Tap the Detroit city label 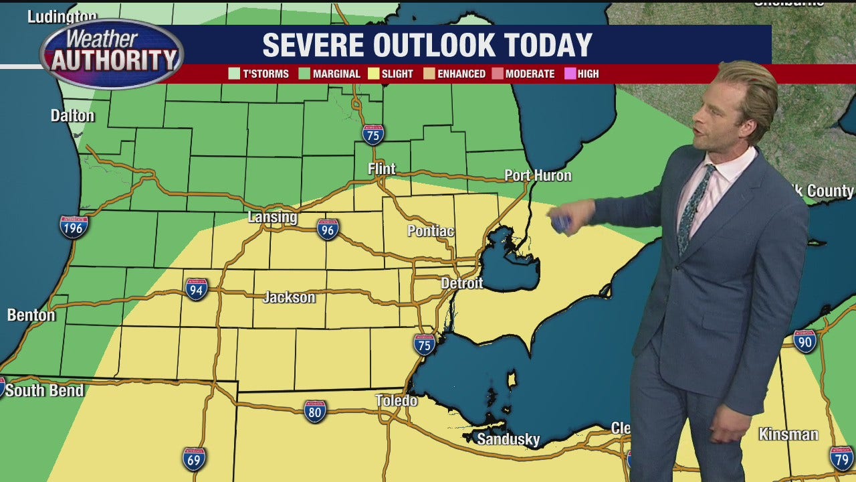pos(461,283)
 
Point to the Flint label pos(382,169)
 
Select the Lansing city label pos(272,217)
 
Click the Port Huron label pos(538,175)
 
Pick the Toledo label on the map pos(396,400)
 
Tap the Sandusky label pos(508,439)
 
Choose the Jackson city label pos(289,297)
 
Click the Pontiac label pos(431,231)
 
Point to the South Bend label pos(44,390)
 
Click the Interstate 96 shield pos(327,229)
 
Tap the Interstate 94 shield pos(197,289)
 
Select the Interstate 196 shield pos(74,226)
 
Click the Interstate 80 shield pos(315,410)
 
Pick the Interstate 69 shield pos(194,459)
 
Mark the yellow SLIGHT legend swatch pos(374,74)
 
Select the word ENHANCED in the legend pos(461,74)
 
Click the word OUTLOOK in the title pos(433,45)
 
